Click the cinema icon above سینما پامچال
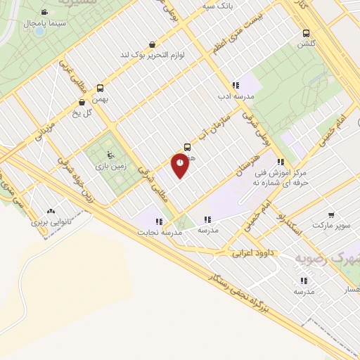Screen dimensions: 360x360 pyautogui.click(x=44, y=13)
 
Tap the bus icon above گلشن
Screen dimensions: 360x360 pyautogui.click(x=306, y=32)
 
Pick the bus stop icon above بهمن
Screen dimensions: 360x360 pyautogui.click(x=101, y=89)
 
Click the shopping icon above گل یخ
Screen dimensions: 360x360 pyautogui.click(x=83, y=102)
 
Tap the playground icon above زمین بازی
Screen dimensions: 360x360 pyautogui.click(x=108, y=155)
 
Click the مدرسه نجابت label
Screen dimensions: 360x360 pyautogui.click(x=160, y=231)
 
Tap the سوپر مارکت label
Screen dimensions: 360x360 pyautogui.click(x=330, y=225)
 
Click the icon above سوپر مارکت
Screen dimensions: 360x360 pyautogui.click(x=330, y=215)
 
